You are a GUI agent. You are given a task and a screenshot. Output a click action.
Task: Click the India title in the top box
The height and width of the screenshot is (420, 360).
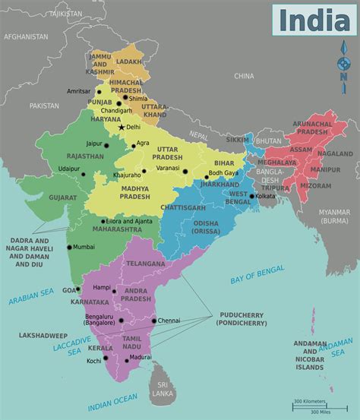[x=314, y=21]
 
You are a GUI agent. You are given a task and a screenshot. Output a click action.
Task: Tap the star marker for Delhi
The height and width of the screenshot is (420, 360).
[x=121, y=127]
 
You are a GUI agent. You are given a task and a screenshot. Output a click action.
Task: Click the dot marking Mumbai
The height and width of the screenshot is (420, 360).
[x=69, y=247]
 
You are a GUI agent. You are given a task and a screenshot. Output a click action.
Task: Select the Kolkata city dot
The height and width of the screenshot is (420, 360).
[x=251, y=195]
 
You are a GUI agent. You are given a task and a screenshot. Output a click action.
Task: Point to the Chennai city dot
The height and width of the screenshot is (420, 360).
[x=153, y=321]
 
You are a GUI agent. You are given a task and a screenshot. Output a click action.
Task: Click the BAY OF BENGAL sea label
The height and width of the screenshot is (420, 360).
[x=257, y=275]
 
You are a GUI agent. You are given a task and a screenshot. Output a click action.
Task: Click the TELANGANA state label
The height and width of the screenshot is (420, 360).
[x=144, y=263]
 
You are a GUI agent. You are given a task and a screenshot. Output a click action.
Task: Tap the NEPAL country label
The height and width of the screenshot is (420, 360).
[x=198, y=134]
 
